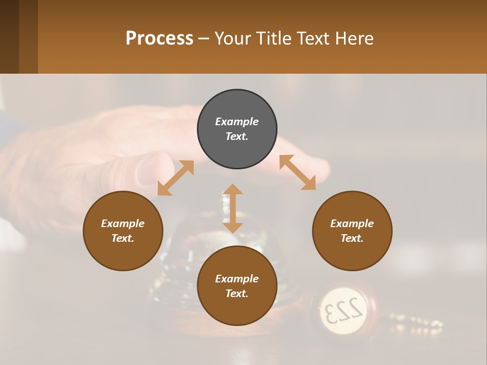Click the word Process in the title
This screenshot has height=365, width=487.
point(159,39)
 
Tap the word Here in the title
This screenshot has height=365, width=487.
point(355,39)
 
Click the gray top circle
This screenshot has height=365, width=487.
point(237,129)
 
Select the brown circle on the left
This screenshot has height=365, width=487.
point(123,231)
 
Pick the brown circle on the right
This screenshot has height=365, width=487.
point(352,231)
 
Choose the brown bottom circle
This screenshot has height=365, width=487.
point(237,286)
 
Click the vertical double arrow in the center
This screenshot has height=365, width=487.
point(233,208)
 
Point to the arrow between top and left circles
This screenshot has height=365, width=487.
point(176,178)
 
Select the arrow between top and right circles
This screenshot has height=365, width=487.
point(297,172)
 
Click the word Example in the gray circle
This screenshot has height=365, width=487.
point(237,122)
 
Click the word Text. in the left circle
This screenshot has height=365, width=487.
point(123,238)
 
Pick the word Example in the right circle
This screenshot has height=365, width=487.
point(352,224)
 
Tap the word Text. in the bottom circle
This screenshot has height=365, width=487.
point(237,294)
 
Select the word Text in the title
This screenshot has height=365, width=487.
point(315,39)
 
